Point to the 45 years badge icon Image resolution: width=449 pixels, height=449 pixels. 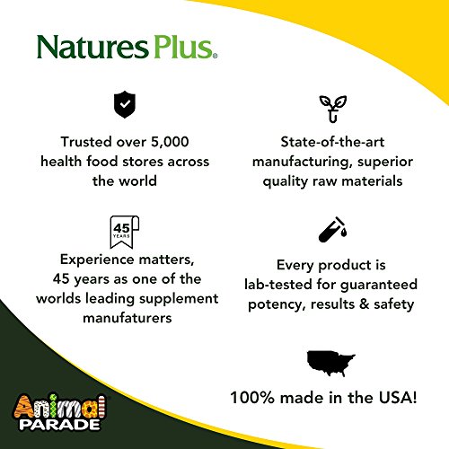[x=121, y=231]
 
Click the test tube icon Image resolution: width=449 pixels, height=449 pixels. [x=329, y=232]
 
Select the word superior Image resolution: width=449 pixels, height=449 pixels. [x=369, y=161]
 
